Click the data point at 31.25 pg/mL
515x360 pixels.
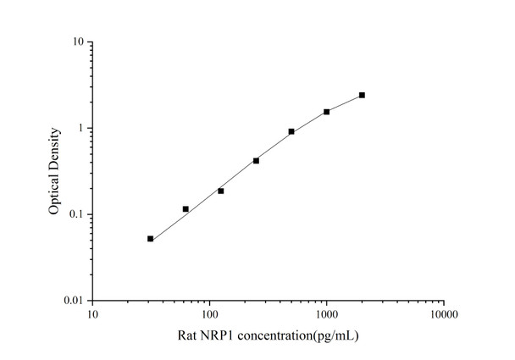pos(150,239)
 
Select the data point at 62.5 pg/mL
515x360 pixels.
pos(186,208)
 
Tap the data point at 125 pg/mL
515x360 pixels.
pos(221,191)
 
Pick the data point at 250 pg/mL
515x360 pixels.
pos(256,160)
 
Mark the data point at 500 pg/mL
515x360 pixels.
pos(291,131)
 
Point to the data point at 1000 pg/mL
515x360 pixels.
pos(327,111)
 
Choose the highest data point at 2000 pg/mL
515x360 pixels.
pos(362,95)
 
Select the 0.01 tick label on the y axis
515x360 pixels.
pos(74,301)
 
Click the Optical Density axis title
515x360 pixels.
pos(54,170)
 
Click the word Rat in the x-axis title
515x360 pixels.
pos(188,336)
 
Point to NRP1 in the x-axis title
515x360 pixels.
pos(219,336)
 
